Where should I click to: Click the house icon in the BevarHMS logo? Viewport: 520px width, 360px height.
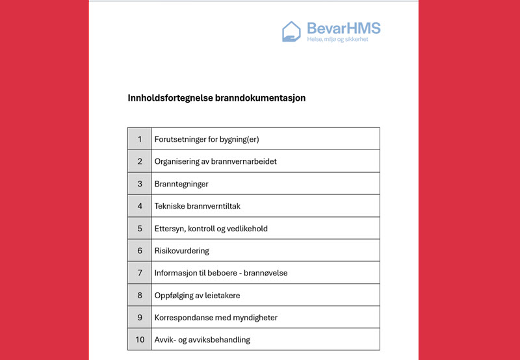tap(291, 31)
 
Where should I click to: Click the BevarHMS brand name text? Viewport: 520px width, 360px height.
tap(343, 28)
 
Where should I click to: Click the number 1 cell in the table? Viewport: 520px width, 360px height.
tap(140, 139)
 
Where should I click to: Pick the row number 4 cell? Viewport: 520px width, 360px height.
tap(140, 206)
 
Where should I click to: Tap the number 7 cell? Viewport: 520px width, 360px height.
tap(140, 273)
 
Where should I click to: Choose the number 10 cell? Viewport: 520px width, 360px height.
tap(140, 340)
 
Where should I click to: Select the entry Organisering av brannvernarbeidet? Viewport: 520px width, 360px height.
tap(215, 161)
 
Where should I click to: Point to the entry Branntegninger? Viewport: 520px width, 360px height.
tap(181, 184)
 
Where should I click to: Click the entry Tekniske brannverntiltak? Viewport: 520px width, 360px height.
tap(197, 206)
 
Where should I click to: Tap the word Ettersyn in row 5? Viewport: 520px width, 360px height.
tap(170, 229)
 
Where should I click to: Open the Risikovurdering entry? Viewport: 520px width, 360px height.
tap(182, 251)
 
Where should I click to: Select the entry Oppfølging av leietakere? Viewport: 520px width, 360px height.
tap(197, 296)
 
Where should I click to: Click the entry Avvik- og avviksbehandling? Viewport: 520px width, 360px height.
tap(202, 340)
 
